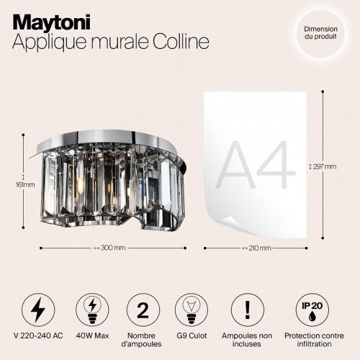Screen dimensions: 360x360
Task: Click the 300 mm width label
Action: point(109,248)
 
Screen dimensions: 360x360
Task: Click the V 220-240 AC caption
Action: point(39,336)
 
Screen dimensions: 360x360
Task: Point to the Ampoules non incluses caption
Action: point(247,340)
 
